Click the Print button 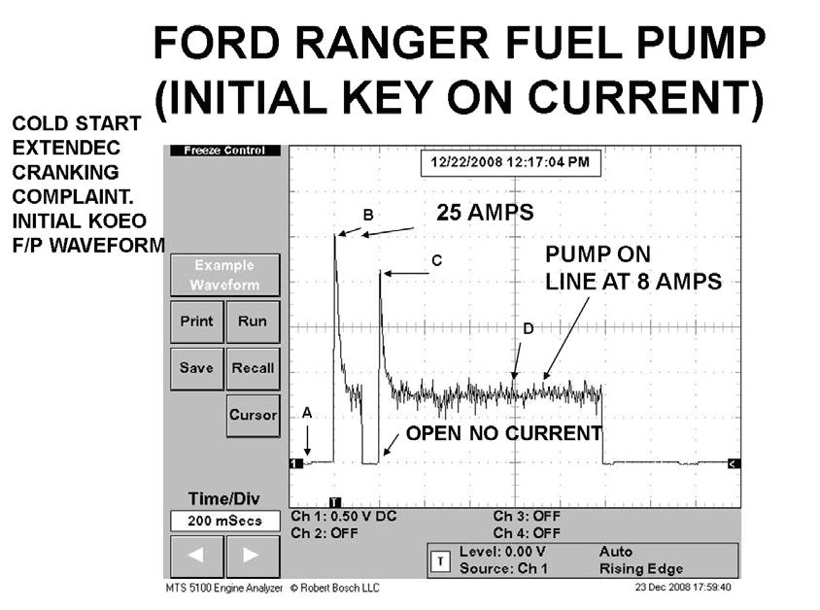click(x=196, y=322)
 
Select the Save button click(x=196, y=368)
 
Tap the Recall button click(x=253, y=368)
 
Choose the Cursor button click(x=253, y=415)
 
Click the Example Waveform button click(x=224, y=275)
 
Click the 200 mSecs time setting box click(x=224, y=522)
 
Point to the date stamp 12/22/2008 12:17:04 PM click(x=509, y=162)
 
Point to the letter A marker click(x=307, y=413)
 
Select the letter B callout click(x=368, y=215)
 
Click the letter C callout click(x=436, y=260)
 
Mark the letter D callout click(x=528, y=329)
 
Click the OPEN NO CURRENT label click(x=503, y=433)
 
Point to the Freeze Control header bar click(x=224, y=151)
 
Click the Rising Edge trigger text click(x=641, y=568)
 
